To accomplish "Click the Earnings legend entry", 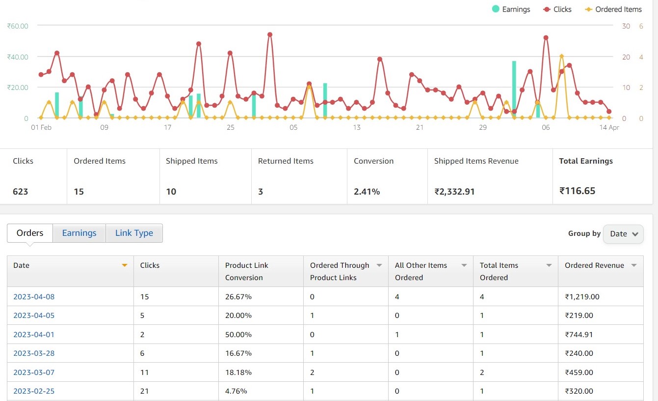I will pyautogui.click(x=511, y=9).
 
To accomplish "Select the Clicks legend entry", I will pyautogui.click(x=557, y=9).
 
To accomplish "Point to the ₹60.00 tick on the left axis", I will pyautogui.click(x=18, y=26).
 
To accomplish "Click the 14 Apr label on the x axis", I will pyautogui.click(x=610, y=128).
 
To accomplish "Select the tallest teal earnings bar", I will pyautogui.click(x=514, y=88).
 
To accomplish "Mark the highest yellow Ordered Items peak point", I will pyautogui.click(x=561, y=57).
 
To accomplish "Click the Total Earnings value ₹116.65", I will pyautogui.click(x=577, y=191).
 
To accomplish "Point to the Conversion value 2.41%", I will pyautogui.click(x=367, y=192).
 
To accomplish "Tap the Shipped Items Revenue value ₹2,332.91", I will pyautogui.click(x=454, y=192).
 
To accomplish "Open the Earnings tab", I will pyautogui.click(x=79, y=233).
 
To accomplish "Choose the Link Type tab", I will pyautogui.click(x=134, y=233).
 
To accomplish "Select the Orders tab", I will pyautogui.click(x=30, y=233).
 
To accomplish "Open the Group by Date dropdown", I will pyautogui.click(x=623, y=234).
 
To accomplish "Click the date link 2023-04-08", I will pyautogui.click(x=34, y=297).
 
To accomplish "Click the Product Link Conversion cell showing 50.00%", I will pyautogui.click(x=238, y=335).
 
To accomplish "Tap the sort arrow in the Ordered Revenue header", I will pyautogui.click(x=634, y=265).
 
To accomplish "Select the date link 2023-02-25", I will pyautogui.click(x=34, y=391).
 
